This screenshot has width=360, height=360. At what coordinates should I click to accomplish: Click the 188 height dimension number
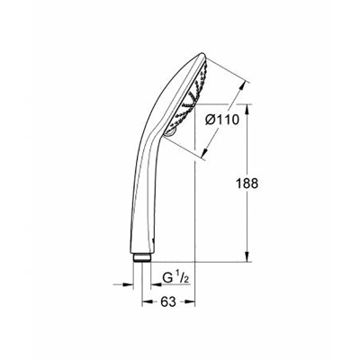(x=260, y=184)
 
